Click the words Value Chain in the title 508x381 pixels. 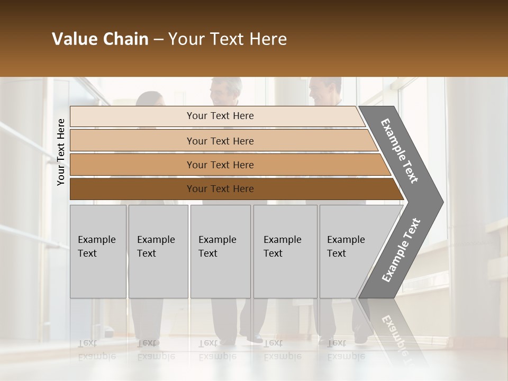[100, 39]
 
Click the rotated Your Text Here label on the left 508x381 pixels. [61, 152]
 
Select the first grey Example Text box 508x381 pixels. [98, 251]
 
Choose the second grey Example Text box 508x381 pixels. [158, 251]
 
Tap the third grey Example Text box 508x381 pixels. [220, 251]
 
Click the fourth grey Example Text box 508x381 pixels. [285, 251]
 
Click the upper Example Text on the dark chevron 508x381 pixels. [400, 151]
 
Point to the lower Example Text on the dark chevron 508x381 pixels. [401, 250]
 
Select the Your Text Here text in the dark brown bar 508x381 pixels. [220, 189]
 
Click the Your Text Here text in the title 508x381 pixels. [228, 39]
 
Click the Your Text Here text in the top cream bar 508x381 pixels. [220, 116]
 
